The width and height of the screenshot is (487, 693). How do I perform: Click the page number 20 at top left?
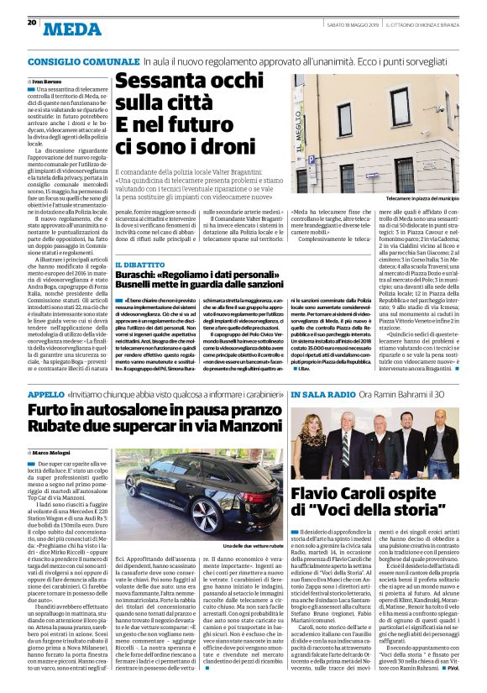[19, 22]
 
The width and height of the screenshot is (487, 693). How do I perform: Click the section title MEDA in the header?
[71, 31]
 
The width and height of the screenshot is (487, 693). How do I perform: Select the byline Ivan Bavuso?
[51, 78]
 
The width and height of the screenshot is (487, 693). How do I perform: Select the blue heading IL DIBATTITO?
[134, 264]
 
